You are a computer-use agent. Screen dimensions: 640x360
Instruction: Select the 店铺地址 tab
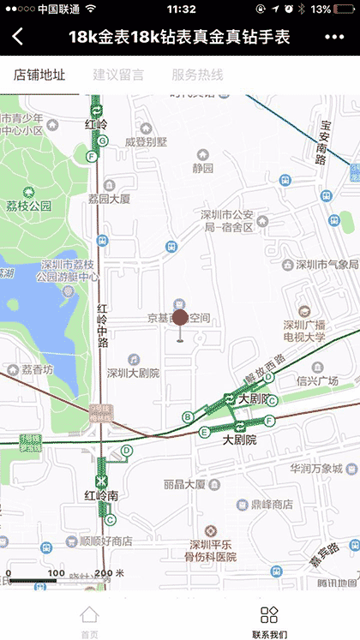tap(39, 75)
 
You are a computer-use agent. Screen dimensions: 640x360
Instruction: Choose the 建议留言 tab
tap(118, 75)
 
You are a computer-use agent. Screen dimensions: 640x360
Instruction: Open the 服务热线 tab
tap(197, 75)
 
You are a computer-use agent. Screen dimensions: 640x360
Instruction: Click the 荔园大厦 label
tap(109, 199)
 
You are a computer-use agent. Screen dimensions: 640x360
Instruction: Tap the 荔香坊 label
tap(37, 370)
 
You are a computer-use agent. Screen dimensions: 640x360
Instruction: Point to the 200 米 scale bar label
tap(109, 573)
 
